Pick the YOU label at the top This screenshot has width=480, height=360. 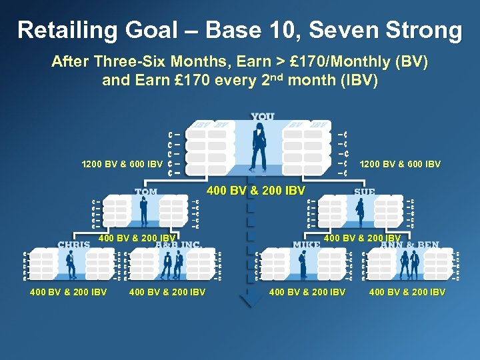pos(263,117)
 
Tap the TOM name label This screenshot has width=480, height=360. pos(146,192)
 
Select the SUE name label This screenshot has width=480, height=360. pos(365,192)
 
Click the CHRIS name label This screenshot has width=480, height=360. pos(73,244)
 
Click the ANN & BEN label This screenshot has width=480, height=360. pos(409,244)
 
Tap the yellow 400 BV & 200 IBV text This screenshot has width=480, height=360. pos(257,191)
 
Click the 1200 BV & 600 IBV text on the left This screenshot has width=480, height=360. pos(121,164)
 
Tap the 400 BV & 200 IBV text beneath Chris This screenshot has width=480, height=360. pos(69,291)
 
